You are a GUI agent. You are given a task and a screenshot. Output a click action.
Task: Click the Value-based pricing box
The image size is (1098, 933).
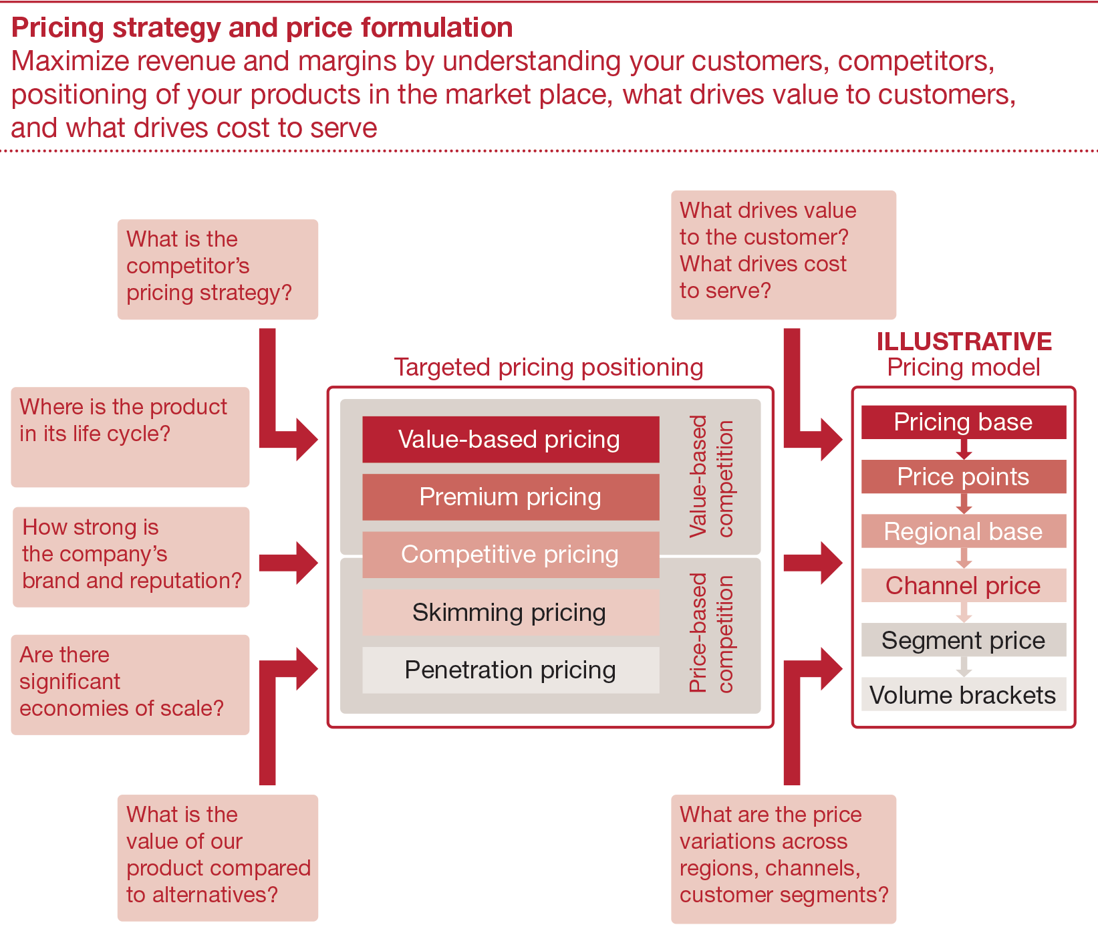click(511, 439)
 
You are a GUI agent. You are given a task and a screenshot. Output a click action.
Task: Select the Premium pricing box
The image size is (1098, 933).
click(511, 497)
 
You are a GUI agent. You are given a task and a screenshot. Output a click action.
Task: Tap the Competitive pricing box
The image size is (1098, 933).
click(511, 554)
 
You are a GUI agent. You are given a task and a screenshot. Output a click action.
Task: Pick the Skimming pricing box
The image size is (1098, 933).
click(511, 612)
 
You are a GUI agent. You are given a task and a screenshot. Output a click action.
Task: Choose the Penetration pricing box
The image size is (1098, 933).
click(511, 670)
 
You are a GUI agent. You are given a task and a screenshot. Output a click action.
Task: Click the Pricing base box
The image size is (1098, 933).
click(963, 422)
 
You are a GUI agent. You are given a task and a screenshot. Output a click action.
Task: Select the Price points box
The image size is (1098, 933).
click(963, 477)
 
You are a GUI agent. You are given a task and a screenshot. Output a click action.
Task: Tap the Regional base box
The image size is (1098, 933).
click(963, 531)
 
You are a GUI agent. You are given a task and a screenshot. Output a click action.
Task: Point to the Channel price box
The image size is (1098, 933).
click(963, 585)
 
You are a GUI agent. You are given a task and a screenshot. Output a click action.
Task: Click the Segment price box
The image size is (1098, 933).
click(963, 640)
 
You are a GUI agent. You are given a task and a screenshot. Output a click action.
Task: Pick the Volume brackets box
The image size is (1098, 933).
click(963, 695)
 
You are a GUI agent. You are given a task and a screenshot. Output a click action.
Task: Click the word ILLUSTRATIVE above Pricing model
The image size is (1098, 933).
click(964, 342)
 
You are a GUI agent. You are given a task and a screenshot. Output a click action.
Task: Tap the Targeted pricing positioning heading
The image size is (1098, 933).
click(548, 367)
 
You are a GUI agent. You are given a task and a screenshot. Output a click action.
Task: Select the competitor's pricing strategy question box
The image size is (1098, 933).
click(217, 269)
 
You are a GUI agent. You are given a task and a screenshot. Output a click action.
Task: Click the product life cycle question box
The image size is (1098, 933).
click(130, 436)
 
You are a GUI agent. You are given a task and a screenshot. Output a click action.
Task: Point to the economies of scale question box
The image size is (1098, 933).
click(130, 684)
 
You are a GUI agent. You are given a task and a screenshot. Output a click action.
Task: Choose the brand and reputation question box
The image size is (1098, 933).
click(131, 557)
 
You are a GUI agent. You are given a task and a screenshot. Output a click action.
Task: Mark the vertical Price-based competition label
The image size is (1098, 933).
click(711, 633)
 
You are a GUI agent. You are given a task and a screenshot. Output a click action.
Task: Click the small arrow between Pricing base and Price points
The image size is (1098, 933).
click(964, 450)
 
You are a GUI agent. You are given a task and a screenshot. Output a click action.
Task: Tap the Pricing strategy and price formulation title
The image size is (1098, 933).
click(262, 28)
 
